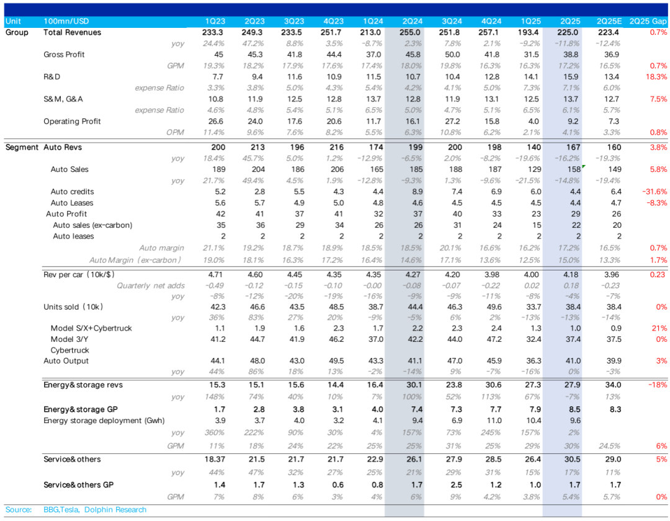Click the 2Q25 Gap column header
click(x=648, y=21)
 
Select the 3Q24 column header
click(x=452, y=21)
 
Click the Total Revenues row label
click(x=72, y=32)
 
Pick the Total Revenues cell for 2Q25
click(x=568, y=32)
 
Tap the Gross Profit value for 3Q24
click(x=452, y=55)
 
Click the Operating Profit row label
click(x=72, y=122)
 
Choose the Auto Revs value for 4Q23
click(x=337, y=148)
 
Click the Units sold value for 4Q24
click(x=494, y=307)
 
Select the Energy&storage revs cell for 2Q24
click(x=414, y=385)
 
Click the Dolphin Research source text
click(x=115, y=510)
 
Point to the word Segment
click(x=22, y=148)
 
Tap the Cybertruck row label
click(x=70, y=350)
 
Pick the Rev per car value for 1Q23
click(x=215, y=275)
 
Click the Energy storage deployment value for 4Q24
click(x=494, y=421)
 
